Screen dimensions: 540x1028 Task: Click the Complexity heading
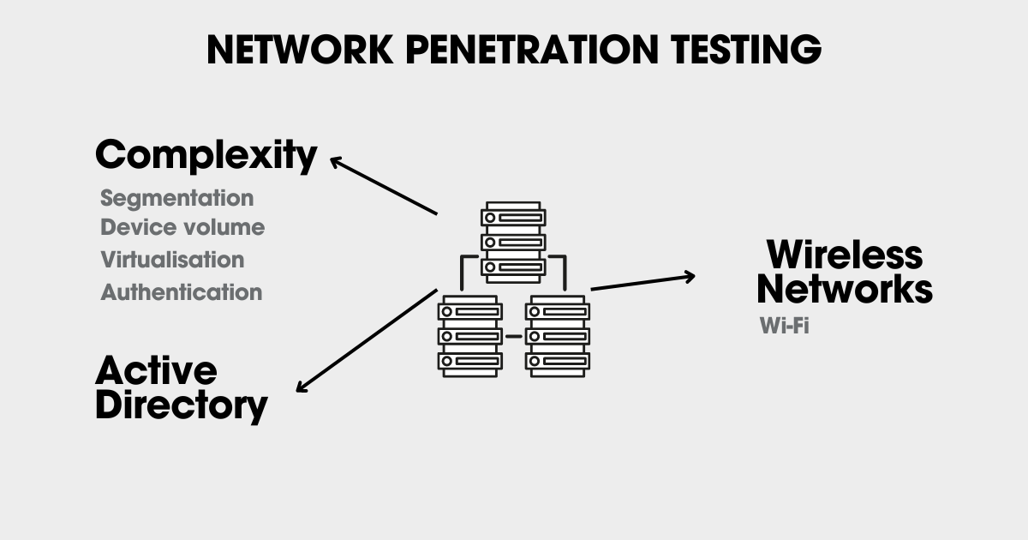pos(206,156)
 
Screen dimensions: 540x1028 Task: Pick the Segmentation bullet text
pos(177,198)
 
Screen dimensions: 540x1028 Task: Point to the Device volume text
pos(182,228)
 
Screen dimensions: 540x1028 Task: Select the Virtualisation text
pos(172,260)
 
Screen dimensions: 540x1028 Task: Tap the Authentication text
pos(182,292)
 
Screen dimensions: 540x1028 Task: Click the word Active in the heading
pos(156,370)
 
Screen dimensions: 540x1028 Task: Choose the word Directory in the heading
pos(182,405)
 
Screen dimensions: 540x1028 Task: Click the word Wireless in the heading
pos(844,255)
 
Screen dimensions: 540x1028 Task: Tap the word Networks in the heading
pos(844,290)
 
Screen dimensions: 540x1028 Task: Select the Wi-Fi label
pos(784,327)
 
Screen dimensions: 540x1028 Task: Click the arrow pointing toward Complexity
pos(384,185)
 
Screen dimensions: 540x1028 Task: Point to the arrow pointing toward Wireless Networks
pos(642,282)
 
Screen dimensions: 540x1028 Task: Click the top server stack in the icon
pos(513,241)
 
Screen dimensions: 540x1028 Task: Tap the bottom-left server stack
pos(468,336)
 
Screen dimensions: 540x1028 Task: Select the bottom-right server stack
pos(558,336)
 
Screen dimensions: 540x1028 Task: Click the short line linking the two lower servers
pos(513,336)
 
